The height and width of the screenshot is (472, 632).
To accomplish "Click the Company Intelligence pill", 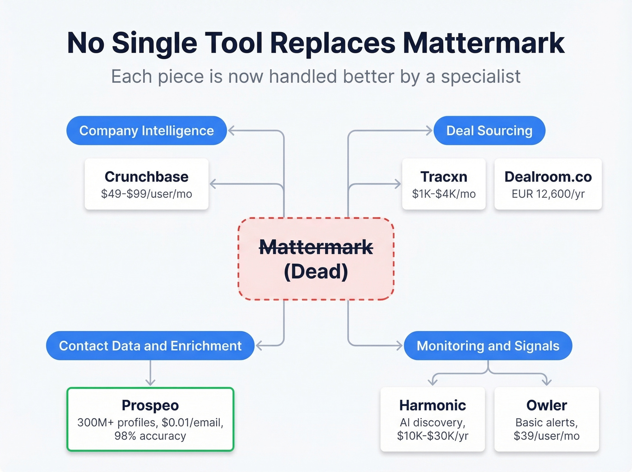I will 146,131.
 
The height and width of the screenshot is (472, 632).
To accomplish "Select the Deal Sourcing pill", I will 489,131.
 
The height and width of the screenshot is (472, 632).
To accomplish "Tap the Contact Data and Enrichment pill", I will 150,346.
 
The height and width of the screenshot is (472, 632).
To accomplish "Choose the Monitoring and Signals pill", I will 488,346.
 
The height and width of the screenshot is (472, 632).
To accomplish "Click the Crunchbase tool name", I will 146,177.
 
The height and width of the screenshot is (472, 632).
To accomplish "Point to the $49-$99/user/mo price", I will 146,194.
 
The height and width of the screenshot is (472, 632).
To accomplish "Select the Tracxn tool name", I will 443,177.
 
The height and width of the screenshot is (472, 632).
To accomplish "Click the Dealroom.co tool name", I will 548,177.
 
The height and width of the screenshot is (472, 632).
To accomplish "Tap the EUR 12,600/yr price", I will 548,194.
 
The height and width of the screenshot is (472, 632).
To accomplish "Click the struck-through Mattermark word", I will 316,247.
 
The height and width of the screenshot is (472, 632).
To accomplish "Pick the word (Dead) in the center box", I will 316,271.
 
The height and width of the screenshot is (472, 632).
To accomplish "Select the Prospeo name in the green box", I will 150,405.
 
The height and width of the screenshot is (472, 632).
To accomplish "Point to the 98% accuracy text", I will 150,436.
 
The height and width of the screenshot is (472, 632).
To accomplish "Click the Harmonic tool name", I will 432,405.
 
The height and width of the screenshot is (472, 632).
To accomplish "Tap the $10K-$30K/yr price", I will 432,436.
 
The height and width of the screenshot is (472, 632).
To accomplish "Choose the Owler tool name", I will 546,405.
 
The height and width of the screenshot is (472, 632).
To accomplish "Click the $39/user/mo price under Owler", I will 546,436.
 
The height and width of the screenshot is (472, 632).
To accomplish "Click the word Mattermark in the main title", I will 483,43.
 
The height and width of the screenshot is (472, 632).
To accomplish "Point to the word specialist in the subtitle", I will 480,77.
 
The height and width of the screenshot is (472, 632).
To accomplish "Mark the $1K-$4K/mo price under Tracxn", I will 443,194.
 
